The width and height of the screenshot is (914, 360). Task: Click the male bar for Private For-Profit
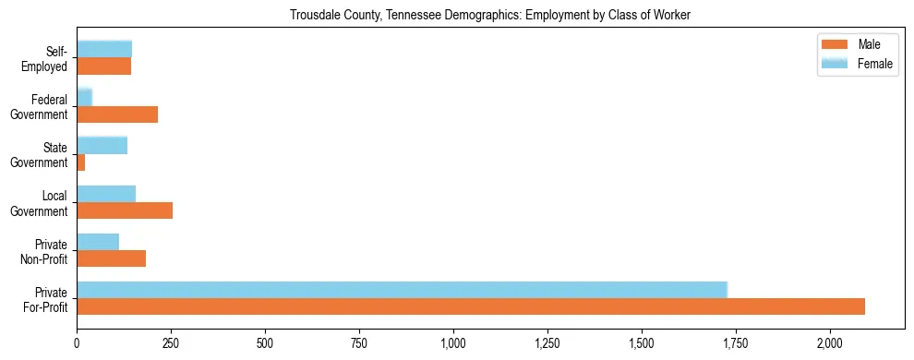pyautogui.click(x=471, y=306)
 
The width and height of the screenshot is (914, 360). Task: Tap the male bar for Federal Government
pyautogui.click(x=117, y=114)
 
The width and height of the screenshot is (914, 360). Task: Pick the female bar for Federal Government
pyautogui.click(x=84, y=97)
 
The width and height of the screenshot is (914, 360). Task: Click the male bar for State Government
pyautogui.click(x=81, y=162)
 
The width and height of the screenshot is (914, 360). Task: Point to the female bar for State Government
pyautogui.click(x=102, y=145)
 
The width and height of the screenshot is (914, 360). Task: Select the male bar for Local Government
pyautogui.click(x=125, y=210)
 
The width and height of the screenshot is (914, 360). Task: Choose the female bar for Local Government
pyautogui.click(x=106, y=194)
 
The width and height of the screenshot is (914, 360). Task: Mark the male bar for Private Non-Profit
pyautogui.click(x=111, y=258)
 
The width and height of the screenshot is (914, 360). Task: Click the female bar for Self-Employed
pyautogui.click(x=104, y=49)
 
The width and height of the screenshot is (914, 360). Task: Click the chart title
pyautogui.click(x=489, y=15)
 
